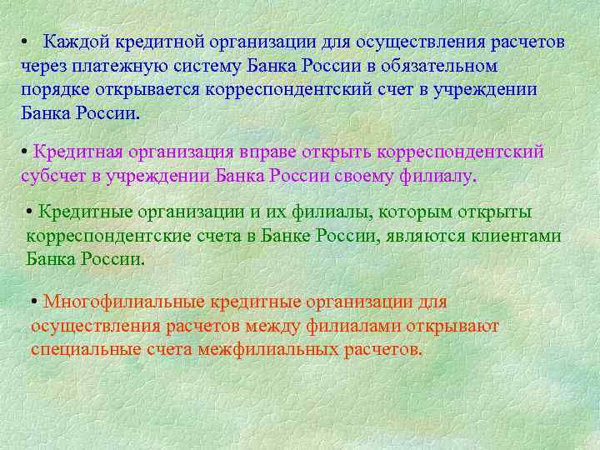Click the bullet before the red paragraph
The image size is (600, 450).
click(34, 302)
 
